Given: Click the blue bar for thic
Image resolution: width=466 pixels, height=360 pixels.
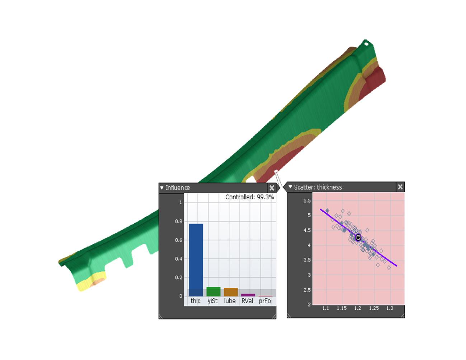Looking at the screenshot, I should [196, 260].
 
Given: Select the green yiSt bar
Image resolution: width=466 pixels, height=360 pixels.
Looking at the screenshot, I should [213, 291].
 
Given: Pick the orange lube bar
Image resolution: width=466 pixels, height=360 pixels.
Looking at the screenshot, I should [231, 292].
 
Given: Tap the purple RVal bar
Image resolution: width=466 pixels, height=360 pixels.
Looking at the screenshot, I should [248, 295].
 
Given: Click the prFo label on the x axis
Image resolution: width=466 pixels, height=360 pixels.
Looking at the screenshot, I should [265, 301].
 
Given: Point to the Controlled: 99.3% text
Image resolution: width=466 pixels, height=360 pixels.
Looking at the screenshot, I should [249, 197].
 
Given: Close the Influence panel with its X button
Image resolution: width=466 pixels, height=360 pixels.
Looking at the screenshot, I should [272, 188].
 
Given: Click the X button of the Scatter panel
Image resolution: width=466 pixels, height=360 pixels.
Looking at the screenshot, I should [400, 187].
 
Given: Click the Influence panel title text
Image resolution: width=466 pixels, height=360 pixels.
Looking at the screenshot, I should [178, 188].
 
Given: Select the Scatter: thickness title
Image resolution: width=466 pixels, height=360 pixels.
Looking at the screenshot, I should [318, 187].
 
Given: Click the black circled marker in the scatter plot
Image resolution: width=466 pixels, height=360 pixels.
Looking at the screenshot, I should [358, 237].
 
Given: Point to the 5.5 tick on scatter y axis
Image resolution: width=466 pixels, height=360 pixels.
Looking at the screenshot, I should [307, 200].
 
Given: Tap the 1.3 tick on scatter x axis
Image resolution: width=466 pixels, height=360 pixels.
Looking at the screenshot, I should [390, 308].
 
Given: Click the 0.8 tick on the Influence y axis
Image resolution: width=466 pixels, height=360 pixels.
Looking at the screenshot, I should [179, 222].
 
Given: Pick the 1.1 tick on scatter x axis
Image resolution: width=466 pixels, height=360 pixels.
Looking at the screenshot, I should [326, 308].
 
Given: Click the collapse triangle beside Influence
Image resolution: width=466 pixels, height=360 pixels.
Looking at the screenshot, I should [162, 188].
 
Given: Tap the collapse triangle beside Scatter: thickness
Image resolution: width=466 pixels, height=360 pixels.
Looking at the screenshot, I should [290, 187].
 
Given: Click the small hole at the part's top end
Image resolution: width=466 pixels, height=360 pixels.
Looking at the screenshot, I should [366, 44].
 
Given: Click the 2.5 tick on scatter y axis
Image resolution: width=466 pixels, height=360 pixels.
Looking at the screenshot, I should [307, 290].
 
